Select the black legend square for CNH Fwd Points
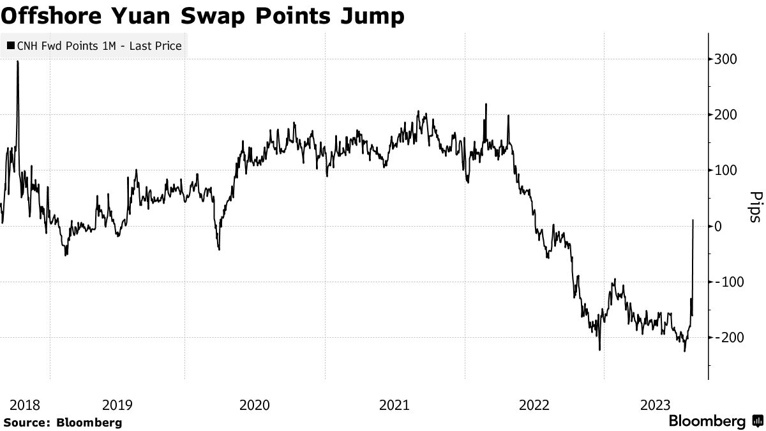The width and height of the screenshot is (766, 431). [10, 46]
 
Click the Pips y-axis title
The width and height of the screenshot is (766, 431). [755, 207]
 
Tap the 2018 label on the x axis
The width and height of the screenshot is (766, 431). [25, 405]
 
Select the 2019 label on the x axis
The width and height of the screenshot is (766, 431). [117, 405]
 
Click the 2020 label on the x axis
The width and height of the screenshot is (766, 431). [255, 405]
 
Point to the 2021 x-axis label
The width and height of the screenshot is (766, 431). [394, 405]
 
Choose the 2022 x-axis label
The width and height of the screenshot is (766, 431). [534, 405]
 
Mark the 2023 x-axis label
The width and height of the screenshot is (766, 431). [656, 405]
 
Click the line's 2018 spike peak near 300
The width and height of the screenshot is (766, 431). [17, 62]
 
